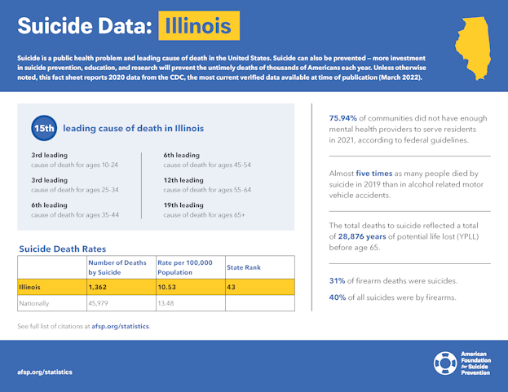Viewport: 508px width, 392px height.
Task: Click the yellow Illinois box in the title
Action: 198,26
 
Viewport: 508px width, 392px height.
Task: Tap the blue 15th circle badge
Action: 43,129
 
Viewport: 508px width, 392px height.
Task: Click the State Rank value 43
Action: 232,287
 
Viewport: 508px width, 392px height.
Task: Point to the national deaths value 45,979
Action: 101,303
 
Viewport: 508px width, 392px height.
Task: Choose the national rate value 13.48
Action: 167,303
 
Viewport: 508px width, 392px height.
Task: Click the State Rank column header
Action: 244,267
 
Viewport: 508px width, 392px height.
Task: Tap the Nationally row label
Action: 35,303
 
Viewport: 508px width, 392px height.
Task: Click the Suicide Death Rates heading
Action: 62,249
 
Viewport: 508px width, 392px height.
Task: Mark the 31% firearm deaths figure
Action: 337,281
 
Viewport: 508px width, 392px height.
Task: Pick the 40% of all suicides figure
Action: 337,297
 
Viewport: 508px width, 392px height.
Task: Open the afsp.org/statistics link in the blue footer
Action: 45,372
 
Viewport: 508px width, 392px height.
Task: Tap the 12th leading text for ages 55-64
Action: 183,180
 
